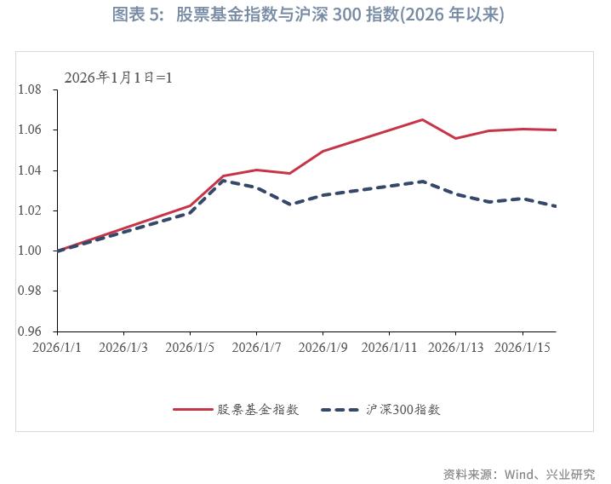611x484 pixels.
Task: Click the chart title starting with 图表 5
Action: pos(308,16)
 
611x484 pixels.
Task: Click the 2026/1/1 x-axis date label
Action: pos(57,348)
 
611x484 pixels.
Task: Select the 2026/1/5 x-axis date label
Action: pos(190,348)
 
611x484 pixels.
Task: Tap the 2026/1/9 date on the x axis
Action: pos(323,348)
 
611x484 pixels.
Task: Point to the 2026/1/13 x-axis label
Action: pos(455,348)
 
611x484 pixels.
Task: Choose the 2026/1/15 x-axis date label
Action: pos(522,348)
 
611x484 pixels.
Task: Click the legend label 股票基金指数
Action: pos(258,409)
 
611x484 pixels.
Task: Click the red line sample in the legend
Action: pos(192,409)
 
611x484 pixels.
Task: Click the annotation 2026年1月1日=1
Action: pos(118,77)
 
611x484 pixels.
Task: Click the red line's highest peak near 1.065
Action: pos(423,119)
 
